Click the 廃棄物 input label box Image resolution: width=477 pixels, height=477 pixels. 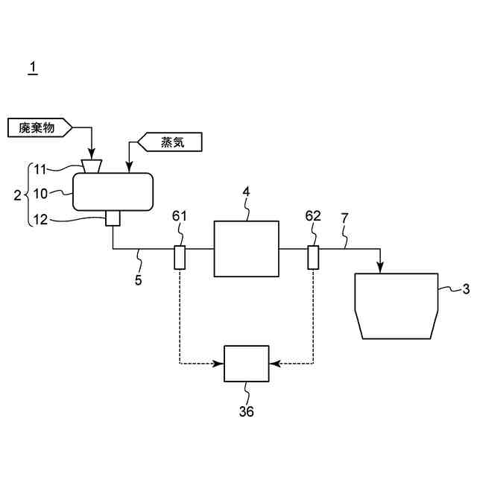pyautogui.click(x=39, y=127)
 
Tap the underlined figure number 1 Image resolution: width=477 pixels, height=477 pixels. pyautogui.click(x=32, y=68)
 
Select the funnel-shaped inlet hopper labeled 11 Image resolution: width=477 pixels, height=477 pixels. pyautogui.click(x=93, y=165)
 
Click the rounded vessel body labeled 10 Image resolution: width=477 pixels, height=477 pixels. pyautogui.click(x=112, y=192)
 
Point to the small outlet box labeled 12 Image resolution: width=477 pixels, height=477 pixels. pyautogui.click(x=113, y=218)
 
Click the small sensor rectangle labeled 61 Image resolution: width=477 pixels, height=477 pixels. pyautogui.click(x=179, y=257)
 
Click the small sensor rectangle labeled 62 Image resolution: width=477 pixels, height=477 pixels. pyautogui.click(x=313, y=257)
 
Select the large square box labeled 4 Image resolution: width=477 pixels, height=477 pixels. pyautogui.click(x=246, y=248)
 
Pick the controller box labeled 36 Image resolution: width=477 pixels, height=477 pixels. pyautogui.click(x=247, y=364)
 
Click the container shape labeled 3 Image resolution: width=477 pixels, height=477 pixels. pyautogui.click(x=396, y=306)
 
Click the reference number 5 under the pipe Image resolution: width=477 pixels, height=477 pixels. pyautogui.click(x=139, y=281)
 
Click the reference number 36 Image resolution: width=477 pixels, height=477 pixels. pyautogui.click(x=246, y=411)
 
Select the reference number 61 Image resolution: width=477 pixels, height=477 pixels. pyautogui.click(x=180, y=216)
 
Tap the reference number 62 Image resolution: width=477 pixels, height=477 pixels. pyautogui.click(x=313, y=216)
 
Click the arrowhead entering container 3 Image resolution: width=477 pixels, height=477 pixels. pyautogui.click(x=381, y=269)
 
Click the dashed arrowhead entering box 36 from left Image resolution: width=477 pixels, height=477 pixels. pyautogui.click(x=221, y=364)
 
